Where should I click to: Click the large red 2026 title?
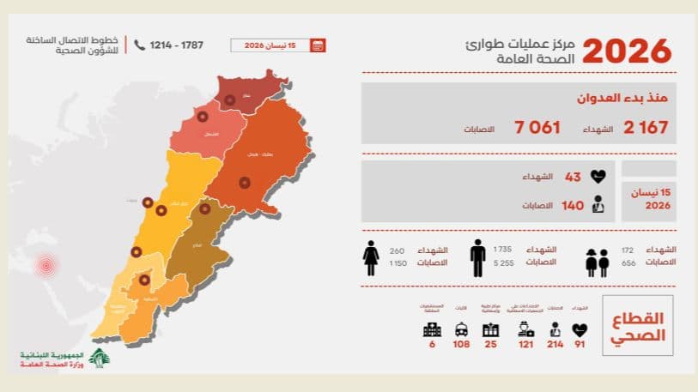(627, 51)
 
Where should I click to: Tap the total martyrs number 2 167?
(646, 128)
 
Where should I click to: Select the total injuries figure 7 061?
(537, 128)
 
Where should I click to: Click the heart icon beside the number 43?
(598, 178)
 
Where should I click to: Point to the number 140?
(573, 206)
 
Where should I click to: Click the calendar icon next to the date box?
(318, 45)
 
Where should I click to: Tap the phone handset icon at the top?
(139, 45)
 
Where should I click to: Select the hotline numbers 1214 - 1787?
(176, 45)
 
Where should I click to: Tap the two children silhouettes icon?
(598, 262)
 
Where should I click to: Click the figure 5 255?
(502, 264)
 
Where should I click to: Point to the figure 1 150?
(397, 264)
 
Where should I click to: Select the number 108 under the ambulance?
(462, 344)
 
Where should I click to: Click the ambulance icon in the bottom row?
(462, 329)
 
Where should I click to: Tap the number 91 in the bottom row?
(580, 344)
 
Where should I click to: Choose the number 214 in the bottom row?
(554, 344)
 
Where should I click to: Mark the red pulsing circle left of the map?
(44, 265)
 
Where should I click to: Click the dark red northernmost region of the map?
(249, 91)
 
